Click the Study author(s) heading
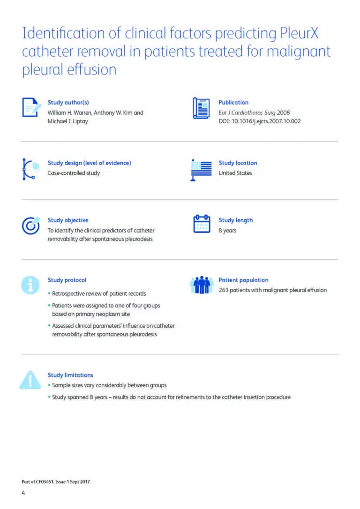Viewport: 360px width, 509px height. coord(68,103)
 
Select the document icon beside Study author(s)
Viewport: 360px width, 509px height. coord(32,108)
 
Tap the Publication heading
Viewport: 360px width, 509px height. coord(233,103)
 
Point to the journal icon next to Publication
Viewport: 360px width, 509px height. coord(202,108)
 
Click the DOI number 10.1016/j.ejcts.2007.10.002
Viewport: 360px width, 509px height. coord(266,121)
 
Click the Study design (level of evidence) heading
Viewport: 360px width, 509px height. coord(89,163)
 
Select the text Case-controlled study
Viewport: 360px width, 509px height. coord(74,173)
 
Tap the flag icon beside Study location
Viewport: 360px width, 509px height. coord(202,170)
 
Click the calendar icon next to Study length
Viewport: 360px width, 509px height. coord(202,224)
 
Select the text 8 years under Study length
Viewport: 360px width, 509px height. coord(227,231)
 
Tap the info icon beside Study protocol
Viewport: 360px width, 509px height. coord(30,285)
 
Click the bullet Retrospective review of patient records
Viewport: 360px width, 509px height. coord(99,293)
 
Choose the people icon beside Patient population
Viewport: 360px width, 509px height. coord(202,285)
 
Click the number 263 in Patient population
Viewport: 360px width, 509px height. coord(224,290)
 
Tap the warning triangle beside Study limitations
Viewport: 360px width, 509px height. coord(30,380)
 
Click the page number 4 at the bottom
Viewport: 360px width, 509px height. coord(23,493)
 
